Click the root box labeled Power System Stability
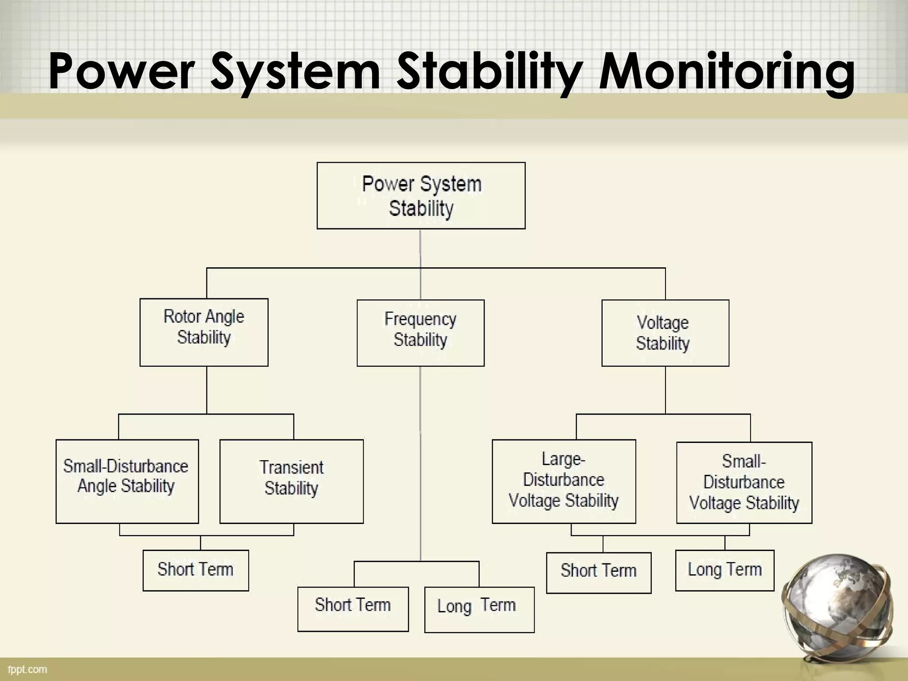pyautogui.click(x=421, y=196)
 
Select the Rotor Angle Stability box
pyautogui.click(x=204, y=332)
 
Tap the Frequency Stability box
pyautogui.click(x=420, y=333)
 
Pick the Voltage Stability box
pyautogui.click(x=665, y=333)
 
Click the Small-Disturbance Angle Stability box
pyautogui.click(x=127, y=481)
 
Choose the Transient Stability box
pyautogui.click(x=291, y=481)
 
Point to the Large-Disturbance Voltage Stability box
pyautogui.click(x=564, y=481)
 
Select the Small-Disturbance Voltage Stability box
pyautogui.click(x=744, y=482)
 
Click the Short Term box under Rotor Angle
pyautogui.click(x=196, y=570)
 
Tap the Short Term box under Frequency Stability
pyautogui.click(x=353, y=609)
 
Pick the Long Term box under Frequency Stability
pyautogui.click(x=479, y=610)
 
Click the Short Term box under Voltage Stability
pyautogui.click(x=599, y=572)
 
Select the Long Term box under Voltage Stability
pyautogui.click(x=724, y=570)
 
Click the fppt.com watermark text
pyautogui.click(x=27, y=669)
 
